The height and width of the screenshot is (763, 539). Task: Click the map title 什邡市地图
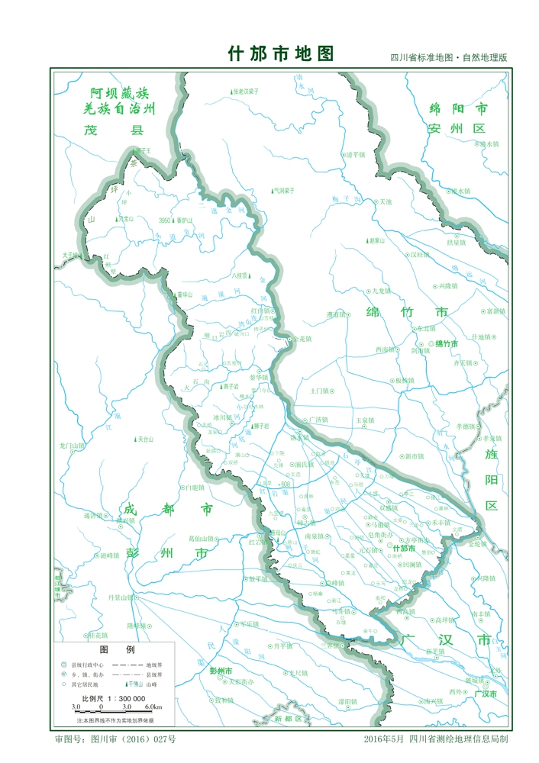[281, 54]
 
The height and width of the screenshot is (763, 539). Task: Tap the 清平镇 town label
[356, 154]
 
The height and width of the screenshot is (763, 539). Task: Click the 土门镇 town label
[319, 391]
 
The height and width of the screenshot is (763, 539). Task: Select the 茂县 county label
[114, 130]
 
